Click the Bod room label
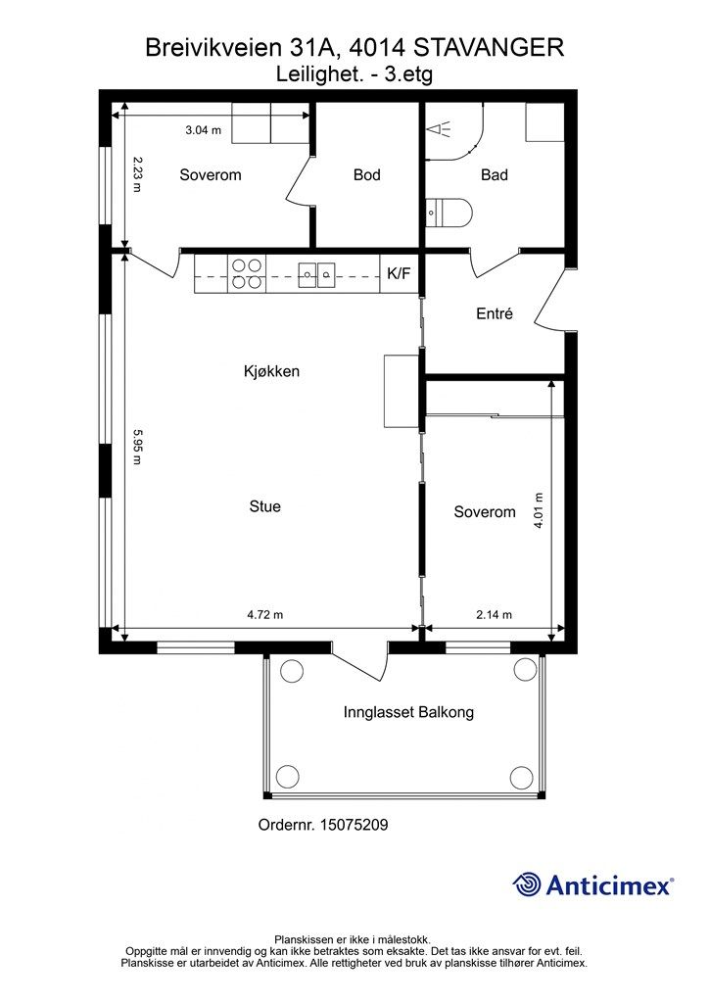[x=367, y=174]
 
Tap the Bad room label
[x=495, y=174]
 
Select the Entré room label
[x=495, y=313]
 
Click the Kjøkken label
[x=271, y=371]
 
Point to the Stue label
[x=264, y=506]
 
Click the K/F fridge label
[x=399, y=274]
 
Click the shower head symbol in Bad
[x=440, y=129]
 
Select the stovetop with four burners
[x=247, y=274]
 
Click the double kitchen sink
[x=317, y=275]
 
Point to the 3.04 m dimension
[x=204, y=130]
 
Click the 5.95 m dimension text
[x=137, y=447]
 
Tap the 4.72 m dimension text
[x=264, y=615]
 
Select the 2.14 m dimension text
[x=495, y=615]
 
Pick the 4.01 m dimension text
[x=539, y=510]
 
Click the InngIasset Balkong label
[x=408, y=712]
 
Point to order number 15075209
[x=354, y=825]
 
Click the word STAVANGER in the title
[x=489, y=47]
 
